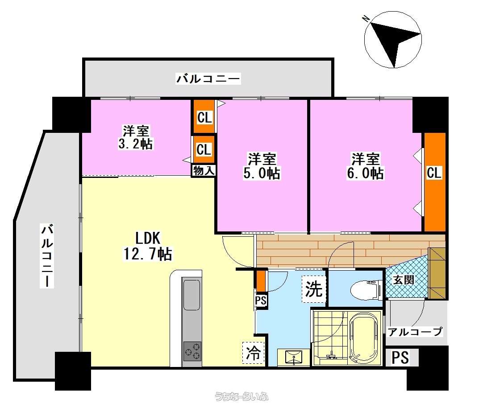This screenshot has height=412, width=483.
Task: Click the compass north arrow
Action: point(392,40)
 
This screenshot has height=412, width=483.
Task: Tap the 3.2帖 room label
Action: point(136,137)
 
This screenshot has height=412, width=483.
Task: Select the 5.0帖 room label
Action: point(262,166)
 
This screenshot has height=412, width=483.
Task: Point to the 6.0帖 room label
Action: point(365,166)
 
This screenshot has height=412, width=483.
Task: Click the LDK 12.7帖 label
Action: point(148,246)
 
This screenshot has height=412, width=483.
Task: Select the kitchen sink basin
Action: point(192,295)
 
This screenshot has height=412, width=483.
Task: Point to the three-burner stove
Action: point(192,351)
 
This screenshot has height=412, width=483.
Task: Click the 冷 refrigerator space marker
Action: point(254,353)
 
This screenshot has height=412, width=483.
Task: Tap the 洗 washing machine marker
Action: point(313,288)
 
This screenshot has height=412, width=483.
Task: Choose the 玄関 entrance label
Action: point(404,280)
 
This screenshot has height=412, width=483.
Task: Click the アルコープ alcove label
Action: point(415,331)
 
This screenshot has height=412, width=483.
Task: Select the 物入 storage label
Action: point(203,170)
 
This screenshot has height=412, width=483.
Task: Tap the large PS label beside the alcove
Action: point(400,358)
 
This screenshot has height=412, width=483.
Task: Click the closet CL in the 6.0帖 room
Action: point(434,173)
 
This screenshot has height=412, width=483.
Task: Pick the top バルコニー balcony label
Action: point(208,79)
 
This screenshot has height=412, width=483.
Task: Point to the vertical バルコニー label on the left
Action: point(47,256)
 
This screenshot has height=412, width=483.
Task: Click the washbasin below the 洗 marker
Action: point(294,357)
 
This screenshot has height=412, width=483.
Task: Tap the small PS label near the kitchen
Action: point(261,301)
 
